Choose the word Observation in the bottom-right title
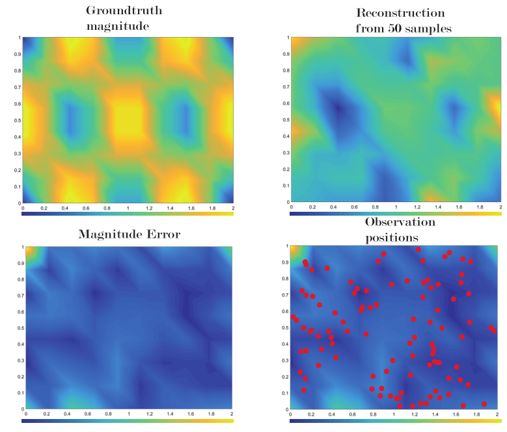400,222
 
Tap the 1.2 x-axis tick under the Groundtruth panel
149,208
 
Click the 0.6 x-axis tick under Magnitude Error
87,414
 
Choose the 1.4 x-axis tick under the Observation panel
435,414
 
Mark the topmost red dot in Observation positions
418,249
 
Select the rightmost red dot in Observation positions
495,331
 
